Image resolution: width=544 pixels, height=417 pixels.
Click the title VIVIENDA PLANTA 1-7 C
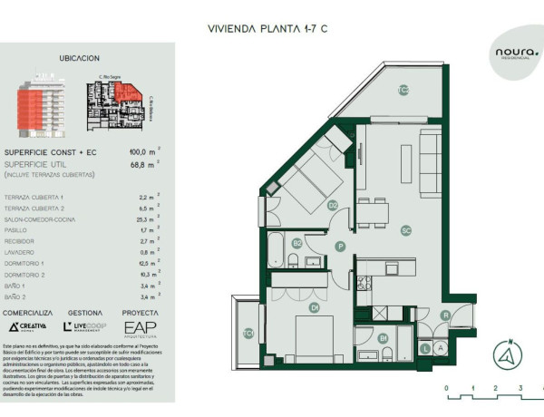pyautogui.click(x=267, y=28)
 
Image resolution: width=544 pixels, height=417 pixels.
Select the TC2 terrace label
pyautogui.click(x=403, y=89)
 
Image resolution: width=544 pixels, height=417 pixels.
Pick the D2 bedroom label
pyautogui.click(x=333, y=205)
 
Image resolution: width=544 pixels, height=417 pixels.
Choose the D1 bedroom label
pyautogui.click(x=315, y=308)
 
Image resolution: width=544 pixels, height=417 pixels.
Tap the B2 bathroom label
pyautogui.click(x=296, y=242)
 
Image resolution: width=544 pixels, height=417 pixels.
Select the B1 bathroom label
pyautogui.click(x=384, y=339)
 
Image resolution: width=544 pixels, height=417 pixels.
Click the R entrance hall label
pyautogui.click(x=445, y=315)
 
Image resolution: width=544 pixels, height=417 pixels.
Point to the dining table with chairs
pyautogui.click(x=372, y=212)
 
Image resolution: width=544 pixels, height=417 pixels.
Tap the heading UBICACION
pyautogui.click(x=79, y=57)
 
